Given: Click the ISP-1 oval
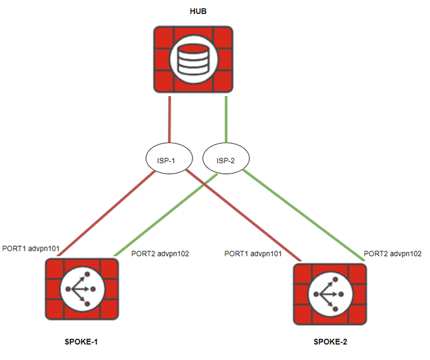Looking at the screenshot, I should tap(169, 160).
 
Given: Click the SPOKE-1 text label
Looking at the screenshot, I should tap(80, 341).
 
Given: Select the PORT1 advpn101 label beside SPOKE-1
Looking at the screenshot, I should tap(31, 249).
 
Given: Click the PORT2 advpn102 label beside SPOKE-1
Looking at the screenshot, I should tap(161, 253).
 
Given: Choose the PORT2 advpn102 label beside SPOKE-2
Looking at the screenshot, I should tap(393, 253).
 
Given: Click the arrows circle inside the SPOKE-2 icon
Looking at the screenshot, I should tap(329, 294).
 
